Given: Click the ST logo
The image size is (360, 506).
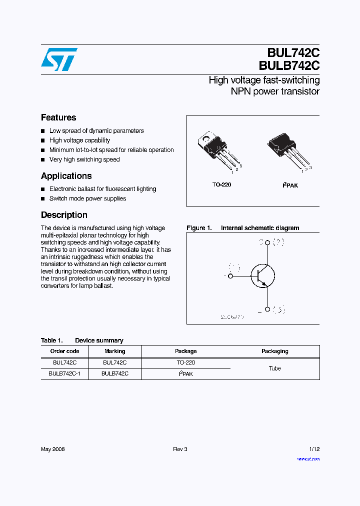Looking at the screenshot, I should coord(59,59).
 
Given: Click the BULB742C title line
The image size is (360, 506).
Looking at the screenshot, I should coord(289,66).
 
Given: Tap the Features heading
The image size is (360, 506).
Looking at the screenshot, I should coord(58,117).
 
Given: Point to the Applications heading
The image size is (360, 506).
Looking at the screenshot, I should coord(66,176).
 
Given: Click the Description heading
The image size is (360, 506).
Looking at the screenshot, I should coord(64,215).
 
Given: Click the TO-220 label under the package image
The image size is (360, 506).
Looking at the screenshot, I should coord(221,184).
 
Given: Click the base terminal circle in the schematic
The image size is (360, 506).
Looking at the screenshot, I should coord(230,275).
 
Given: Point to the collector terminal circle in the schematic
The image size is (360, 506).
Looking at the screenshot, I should coord(267,243).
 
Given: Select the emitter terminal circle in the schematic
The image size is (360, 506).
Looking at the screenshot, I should coord(267,309).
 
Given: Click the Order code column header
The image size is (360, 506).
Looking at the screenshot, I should coord(64,351).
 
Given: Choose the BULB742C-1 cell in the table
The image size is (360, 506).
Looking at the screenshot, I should coord(64,373).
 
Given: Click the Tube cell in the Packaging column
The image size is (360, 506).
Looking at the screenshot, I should coord(274,368).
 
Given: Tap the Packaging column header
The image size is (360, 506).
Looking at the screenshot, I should coord(274,351).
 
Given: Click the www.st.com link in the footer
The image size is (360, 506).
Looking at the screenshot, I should coord(308,459).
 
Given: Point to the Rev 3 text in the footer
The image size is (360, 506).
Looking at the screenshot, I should coord(180,449).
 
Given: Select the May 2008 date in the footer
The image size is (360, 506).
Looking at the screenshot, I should coord(52,449).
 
